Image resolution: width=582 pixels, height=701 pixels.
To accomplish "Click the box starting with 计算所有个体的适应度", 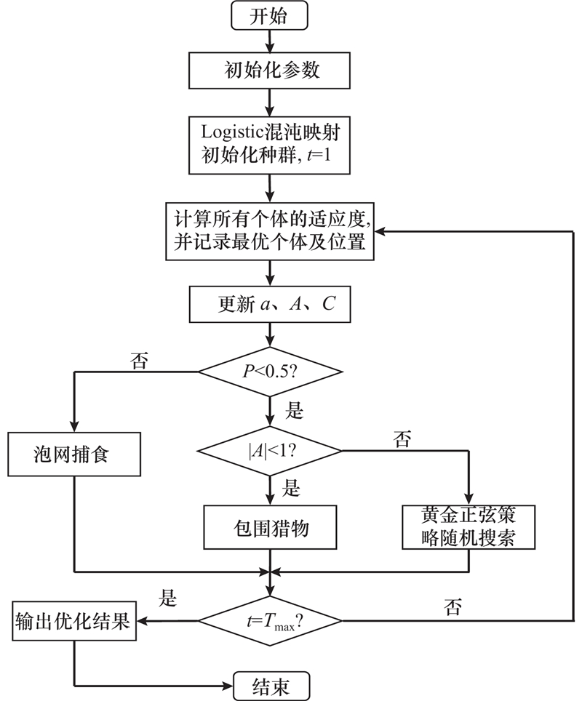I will tap(270, 231).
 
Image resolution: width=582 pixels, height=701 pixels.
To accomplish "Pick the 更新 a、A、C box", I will tap(270, 304).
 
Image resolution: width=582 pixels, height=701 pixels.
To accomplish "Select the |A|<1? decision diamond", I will tap(270, 451).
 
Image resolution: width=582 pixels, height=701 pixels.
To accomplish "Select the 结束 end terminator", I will tap(271, 685).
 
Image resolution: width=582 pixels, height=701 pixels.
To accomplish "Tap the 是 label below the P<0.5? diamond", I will tap(293, 411).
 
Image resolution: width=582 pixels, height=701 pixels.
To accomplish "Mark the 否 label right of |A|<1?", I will tap(402, 438).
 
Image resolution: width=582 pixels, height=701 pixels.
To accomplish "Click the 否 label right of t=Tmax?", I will tap(452, 607).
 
